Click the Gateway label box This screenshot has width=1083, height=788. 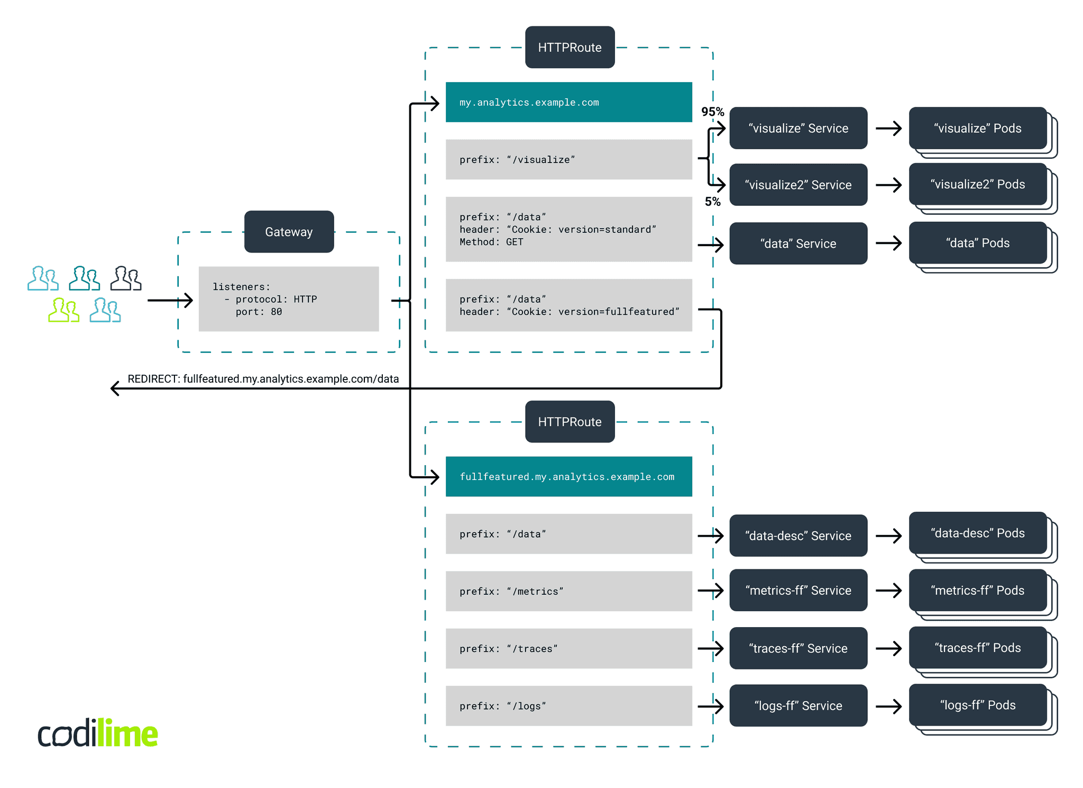[289, 232]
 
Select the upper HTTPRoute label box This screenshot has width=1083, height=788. [570, 48]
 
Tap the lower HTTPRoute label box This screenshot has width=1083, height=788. [570, 422]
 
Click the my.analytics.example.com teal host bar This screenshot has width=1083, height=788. [568, 102]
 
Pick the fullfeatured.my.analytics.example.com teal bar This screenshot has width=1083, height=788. [568, 476]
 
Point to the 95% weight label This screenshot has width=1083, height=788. [712, 112]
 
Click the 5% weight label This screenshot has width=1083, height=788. [712, 202]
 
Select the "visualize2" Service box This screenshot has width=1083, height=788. [798, 185]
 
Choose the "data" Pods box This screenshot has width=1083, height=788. [978, 243]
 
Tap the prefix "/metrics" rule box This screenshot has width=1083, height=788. [568, 591]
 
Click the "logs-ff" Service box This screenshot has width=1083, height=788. [798, 705]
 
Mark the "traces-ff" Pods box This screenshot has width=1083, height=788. [978, 648]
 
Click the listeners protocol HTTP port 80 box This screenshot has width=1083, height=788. [289, 299]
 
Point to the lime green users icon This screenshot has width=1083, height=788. [63, 310]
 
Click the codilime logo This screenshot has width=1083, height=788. [98, 733]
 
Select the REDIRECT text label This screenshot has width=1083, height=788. [263, 379]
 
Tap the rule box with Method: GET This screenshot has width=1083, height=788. [568, 229]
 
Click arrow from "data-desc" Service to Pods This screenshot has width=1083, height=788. [888, 536]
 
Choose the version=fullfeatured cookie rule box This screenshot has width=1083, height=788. [568, 305]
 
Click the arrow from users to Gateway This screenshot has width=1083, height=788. [170, 301]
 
